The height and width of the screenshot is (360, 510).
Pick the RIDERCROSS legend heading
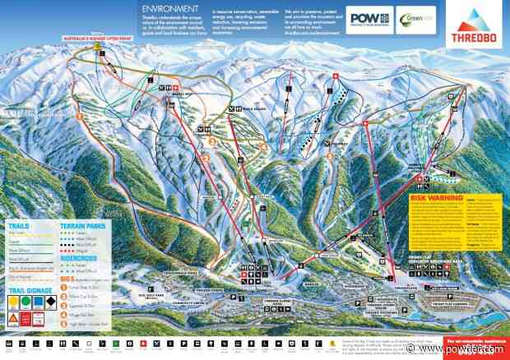point(79,256)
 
